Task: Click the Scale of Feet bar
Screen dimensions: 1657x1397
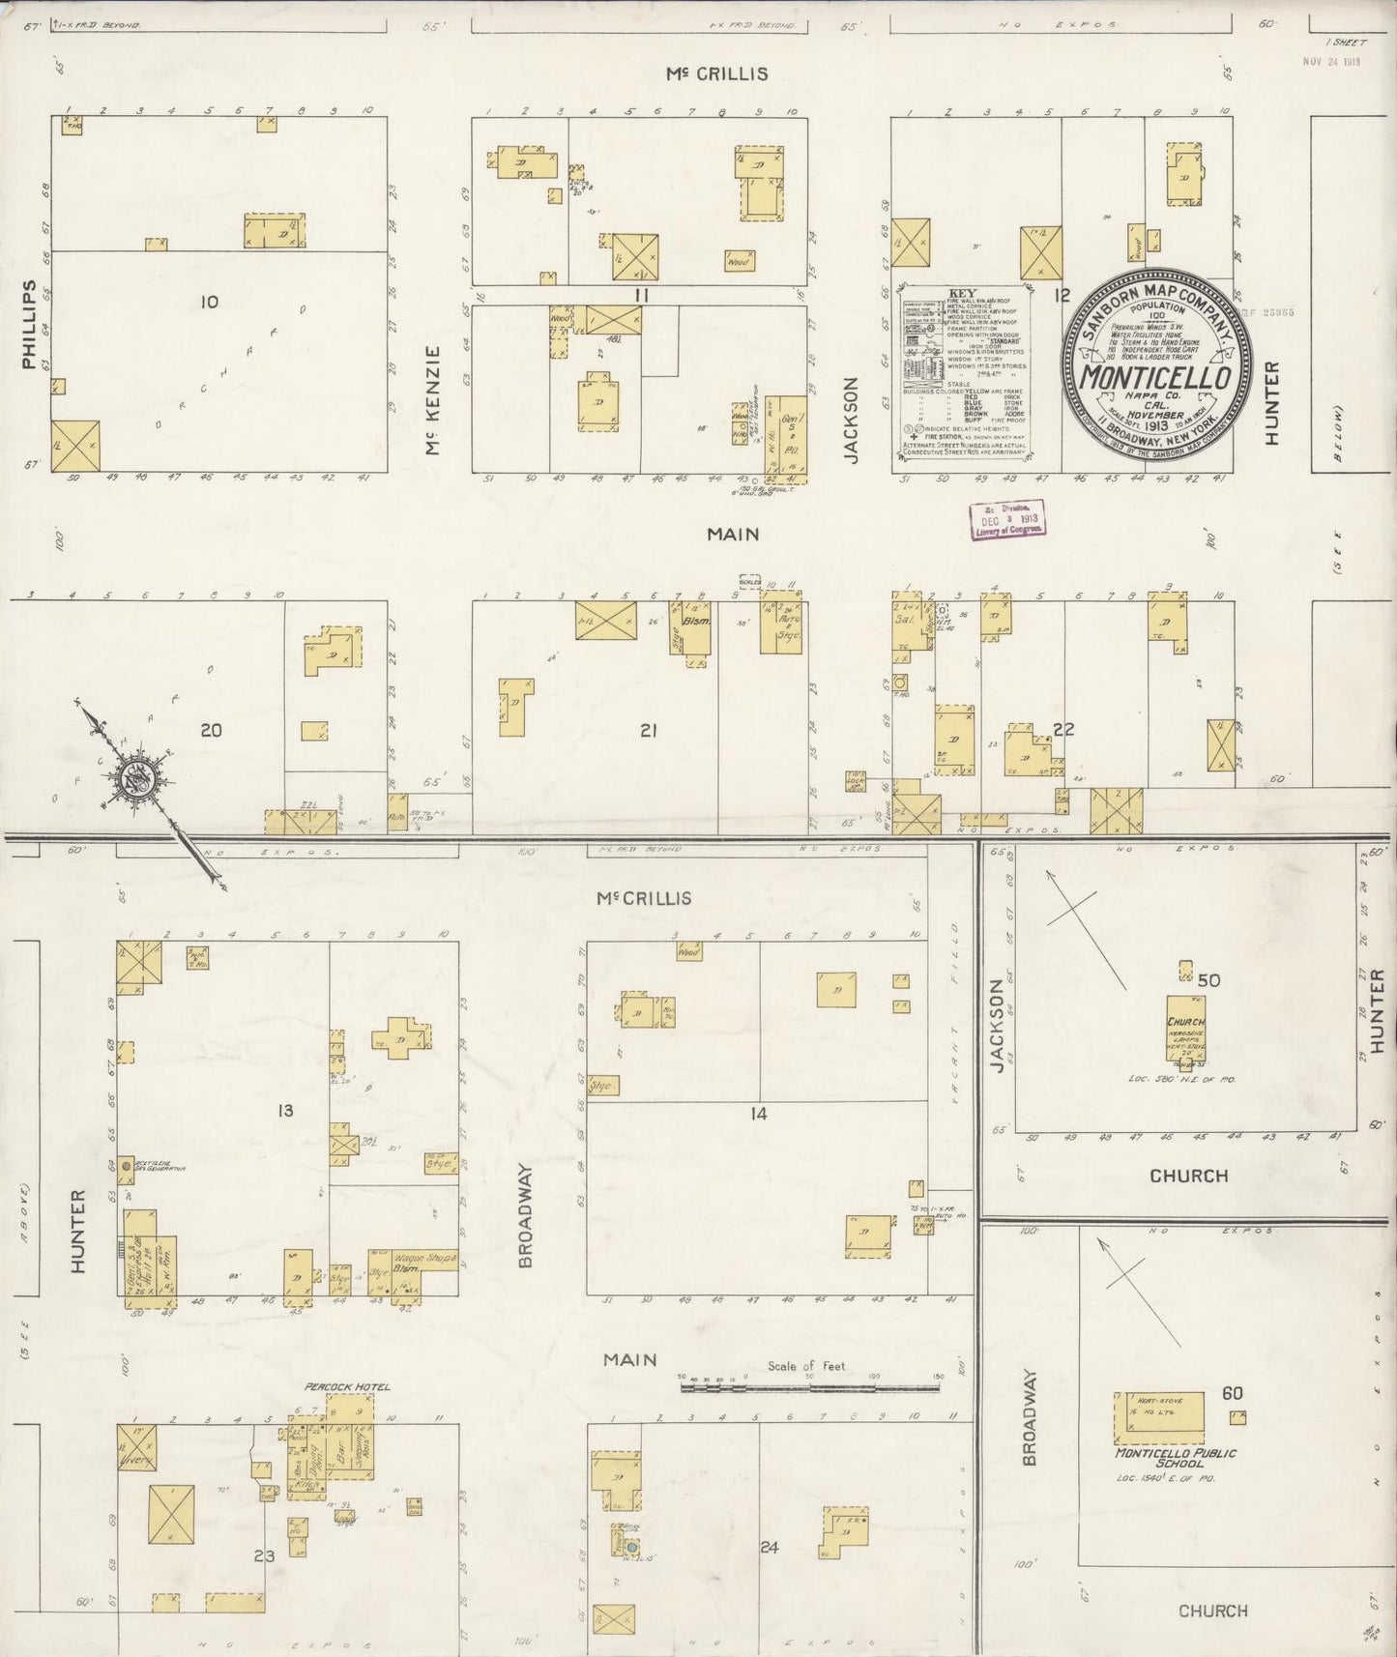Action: pyautogui.click(x=809, y=1387)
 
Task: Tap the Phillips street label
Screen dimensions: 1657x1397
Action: pyautogui.click(x=29, y=325)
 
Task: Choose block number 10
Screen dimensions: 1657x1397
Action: pyautogui.click(x=209, y=303)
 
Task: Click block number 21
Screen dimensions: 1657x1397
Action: pyautogui.click(x=648, y=731)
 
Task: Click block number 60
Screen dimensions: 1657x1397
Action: pyautogui.click(x=1232, y=1393)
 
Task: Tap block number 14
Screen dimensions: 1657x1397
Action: pyautogui.click(x=758, y=1114)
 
